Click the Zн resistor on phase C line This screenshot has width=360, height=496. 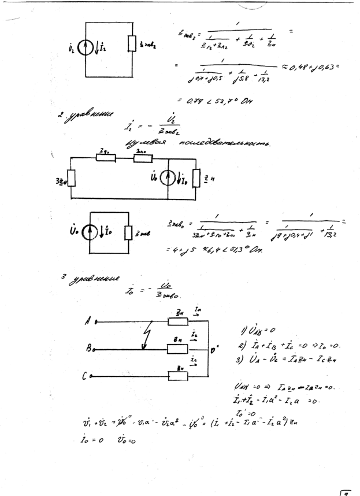point(178,376)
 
